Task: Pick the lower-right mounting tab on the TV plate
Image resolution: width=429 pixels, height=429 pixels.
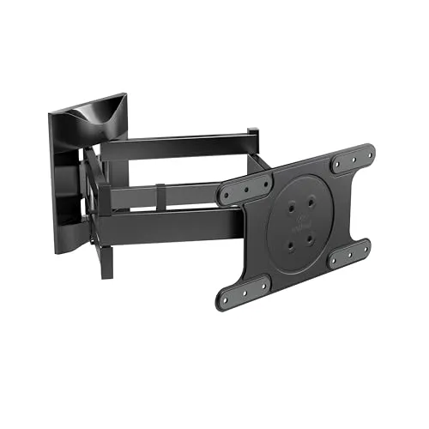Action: (350, 253)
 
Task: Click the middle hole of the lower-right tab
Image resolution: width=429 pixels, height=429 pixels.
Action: (350, 253)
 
